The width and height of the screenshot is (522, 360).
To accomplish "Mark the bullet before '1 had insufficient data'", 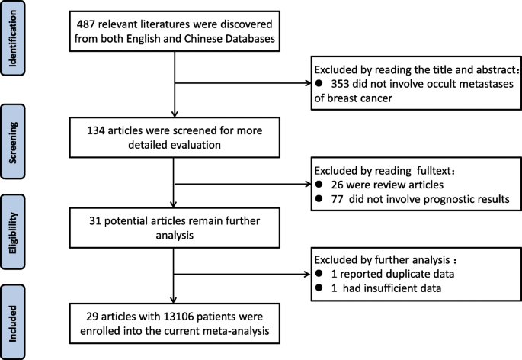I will [x=316, y=289].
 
